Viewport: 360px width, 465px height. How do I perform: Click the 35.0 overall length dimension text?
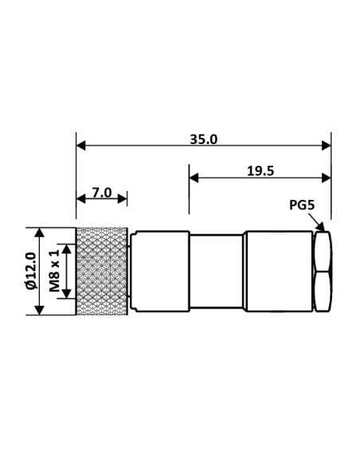tap(204, 139)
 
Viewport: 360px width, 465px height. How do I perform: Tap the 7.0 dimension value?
tap(101, 193)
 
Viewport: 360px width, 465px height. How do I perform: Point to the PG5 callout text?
tap(302, 205)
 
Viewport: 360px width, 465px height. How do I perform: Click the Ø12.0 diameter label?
tap(30, 271)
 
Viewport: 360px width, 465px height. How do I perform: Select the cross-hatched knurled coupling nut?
tap(102, 271)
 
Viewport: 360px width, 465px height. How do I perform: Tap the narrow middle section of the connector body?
tap(217, 271)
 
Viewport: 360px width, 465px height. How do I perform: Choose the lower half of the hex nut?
tap(323, 291)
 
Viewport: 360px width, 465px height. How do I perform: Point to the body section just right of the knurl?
tap(159, 271)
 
